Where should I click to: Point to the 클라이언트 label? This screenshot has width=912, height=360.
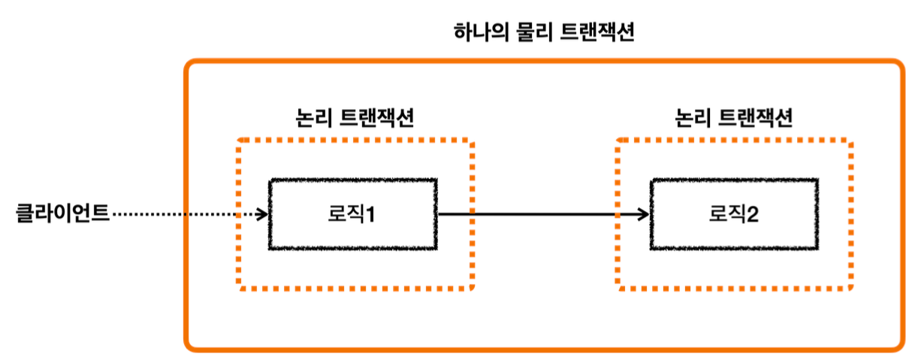63,214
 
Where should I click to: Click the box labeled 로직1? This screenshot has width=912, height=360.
353,214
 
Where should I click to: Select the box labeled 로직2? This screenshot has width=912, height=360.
733,214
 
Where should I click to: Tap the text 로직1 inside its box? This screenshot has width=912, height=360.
353,215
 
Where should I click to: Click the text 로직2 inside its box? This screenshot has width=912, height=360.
733,215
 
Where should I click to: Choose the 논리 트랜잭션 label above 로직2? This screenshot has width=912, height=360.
733,119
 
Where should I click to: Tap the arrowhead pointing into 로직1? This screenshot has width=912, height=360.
263,215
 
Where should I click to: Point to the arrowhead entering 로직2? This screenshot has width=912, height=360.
643,215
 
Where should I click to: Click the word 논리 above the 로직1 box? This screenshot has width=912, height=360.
311,119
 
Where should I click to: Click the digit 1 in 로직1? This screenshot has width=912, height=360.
370,215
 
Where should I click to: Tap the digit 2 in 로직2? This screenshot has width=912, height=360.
752,215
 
